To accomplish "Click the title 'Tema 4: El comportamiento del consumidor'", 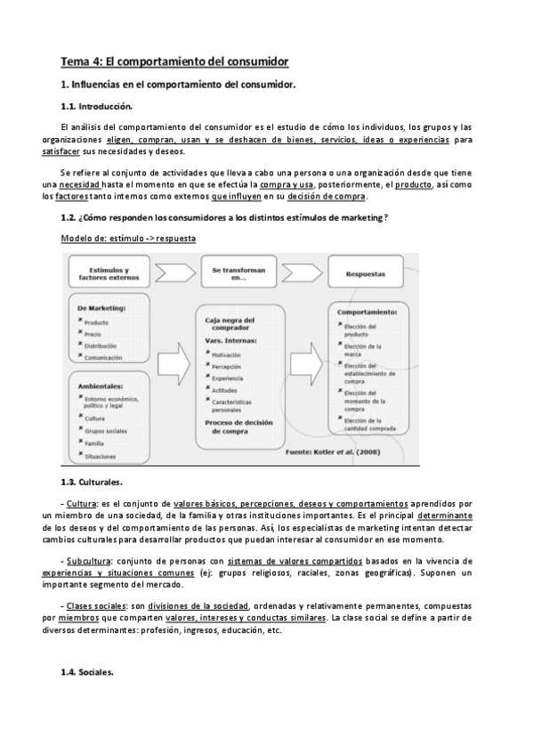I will coord(174,61).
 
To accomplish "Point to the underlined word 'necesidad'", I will coord(79,184).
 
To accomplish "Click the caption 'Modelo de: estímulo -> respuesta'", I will coord(128,239).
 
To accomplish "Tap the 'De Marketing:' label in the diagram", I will coord(102,307).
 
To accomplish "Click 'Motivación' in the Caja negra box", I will coord(227,353).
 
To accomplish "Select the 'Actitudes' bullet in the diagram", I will coord(226,389).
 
